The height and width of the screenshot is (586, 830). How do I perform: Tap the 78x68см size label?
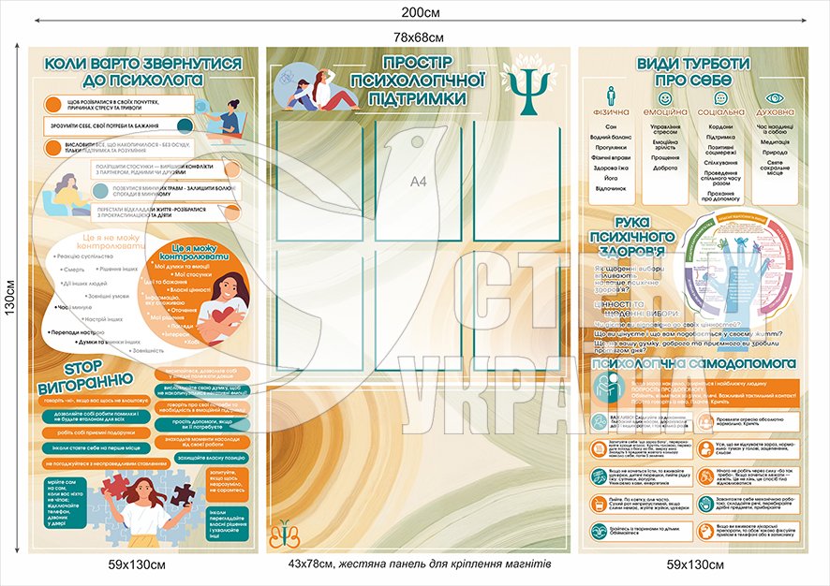418,37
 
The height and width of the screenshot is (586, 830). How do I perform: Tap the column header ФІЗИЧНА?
611,111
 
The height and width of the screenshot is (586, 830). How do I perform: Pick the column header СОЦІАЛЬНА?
720,111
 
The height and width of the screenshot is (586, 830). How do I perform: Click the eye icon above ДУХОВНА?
774,95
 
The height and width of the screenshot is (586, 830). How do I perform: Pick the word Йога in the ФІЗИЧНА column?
611,177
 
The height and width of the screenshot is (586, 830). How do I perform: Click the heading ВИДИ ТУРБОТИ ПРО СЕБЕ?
692,72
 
